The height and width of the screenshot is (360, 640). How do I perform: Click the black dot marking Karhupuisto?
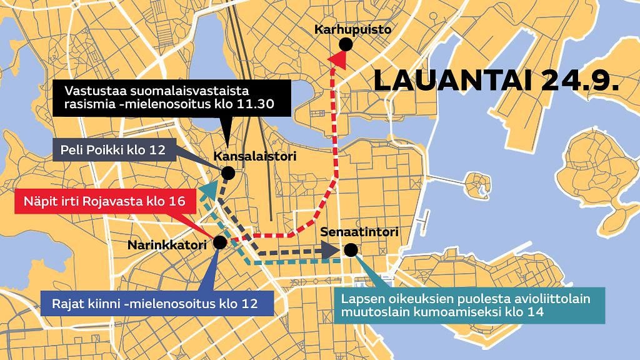pyautogui.click(x=344, y=44)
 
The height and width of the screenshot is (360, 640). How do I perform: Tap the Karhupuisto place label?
pyautogui.click(x=352, y=29)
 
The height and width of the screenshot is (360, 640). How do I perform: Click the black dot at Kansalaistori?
pyautogui.click(x=228, y=172)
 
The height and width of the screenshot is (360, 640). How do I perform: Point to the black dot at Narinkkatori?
pyautogui.click(x=219, y=242)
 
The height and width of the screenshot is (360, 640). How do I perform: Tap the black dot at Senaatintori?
pyautogui.click(x=351, y=250)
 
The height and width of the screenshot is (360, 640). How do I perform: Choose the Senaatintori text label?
pyautogui.click(x=359, y=232)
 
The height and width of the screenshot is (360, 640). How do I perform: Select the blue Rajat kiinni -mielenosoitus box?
pyautogui.click(x=156, y=305)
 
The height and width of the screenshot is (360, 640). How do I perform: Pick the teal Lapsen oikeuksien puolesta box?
pyautogui.click(x=469, y=306)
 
